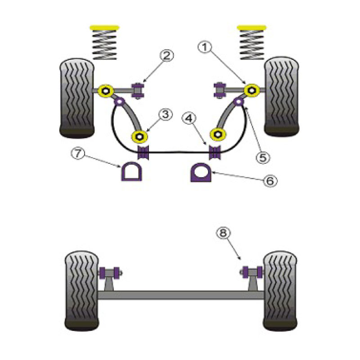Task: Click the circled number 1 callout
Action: pos(204,48)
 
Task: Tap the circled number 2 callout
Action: pos(167,55)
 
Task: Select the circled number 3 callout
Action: pos(166,114)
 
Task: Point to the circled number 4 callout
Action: pos(189,118)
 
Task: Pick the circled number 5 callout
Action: pos(263,157)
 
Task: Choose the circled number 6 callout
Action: pos(270,181)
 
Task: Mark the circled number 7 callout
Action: pos(78,154)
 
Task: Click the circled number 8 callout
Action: pos(223,233)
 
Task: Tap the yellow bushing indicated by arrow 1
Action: pos(252,90)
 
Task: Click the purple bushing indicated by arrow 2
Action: pos(138,90)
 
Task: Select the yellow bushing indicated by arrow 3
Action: pos(139,137)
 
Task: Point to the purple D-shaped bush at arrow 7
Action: pos(131,171)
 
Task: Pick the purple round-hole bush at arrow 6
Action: pos(201,172)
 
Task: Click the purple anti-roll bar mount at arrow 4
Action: pos(216,152)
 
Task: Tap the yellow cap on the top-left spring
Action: pos(104,28)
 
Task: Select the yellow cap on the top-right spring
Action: pos(252,28)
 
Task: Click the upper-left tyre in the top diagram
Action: pos(77,98)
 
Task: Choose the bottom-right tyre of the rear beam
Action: pos(280,291)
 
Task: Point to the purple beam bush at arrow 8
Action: pos(252,272)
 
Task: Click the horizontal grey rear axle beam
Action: pos(181,295)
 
